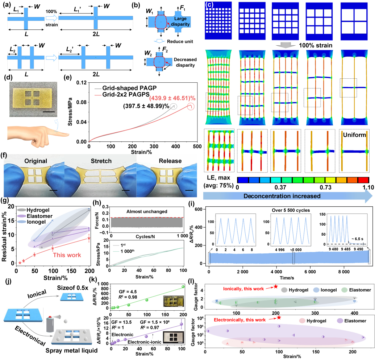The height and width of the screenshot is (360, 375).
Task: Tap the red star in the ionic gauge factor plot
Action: coord(276,276)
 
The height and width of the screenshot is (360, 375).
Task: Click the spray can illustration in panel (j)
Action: coord(51,311)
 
